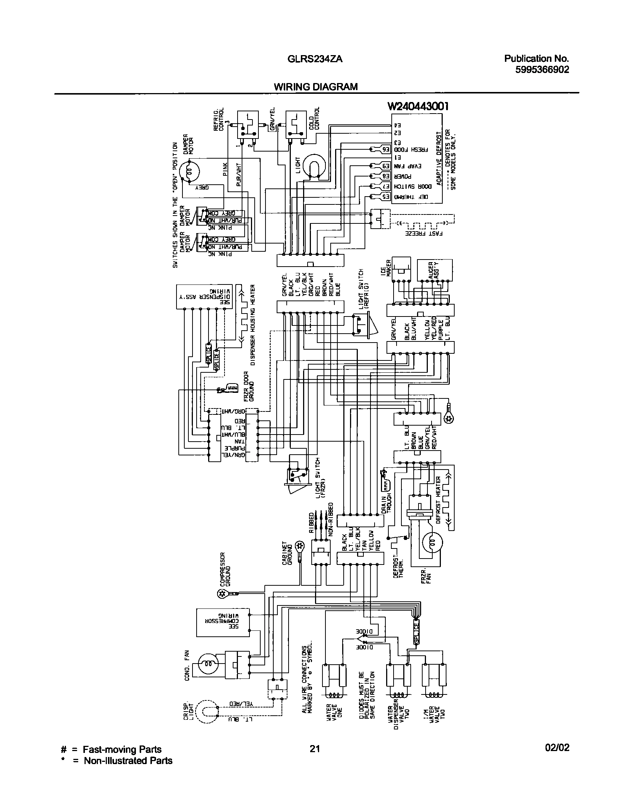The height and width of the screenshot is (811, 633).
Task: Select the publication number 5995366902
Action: pyautogui.click(x=542, y=70)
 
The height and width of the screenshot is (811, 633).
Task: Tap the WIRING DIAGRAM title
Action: pyautogui.click(x=315, y=87)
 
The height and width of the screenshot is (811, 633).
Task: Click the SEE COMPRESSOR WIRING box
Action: pyautogui.click(x=223, y=622)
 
